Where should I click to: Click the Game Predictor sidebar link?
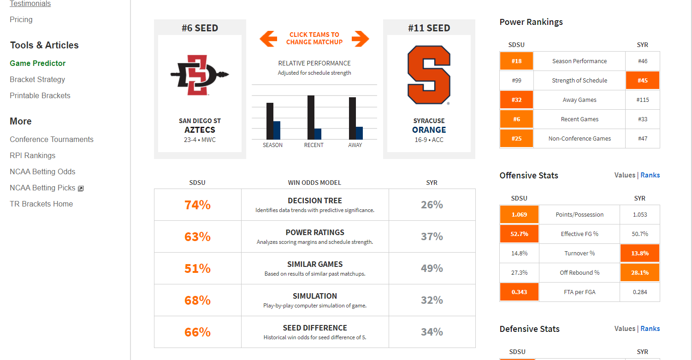38,63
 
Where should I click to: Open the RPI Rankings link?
32,155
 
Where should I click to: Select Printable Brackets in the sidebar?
40,95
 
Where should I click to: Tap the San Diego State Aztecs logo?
200,75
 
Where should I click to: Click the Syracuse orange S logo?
429,75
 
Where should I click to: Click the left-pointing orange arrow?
268,38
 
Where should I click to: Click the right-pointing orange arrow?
361,38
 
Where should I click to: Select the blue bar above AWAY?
360,133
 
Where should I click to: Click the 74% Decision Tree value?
197,205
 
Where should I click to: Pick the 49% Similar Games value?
432,268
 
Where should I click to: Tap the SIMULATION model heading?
315,296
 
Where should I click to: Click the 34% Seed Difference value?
432,332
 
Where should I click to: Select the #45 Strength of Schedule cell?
642,80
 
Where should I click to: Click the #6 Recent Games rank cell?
516,119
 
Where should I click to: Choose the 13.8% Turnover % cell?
639,253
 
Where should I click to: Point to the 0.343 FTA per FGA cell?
519,292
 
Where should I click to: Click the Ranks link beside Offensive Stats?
650,175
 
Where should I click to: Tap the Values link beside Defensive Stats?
625,329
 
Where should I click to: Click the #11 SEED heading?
429,28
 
